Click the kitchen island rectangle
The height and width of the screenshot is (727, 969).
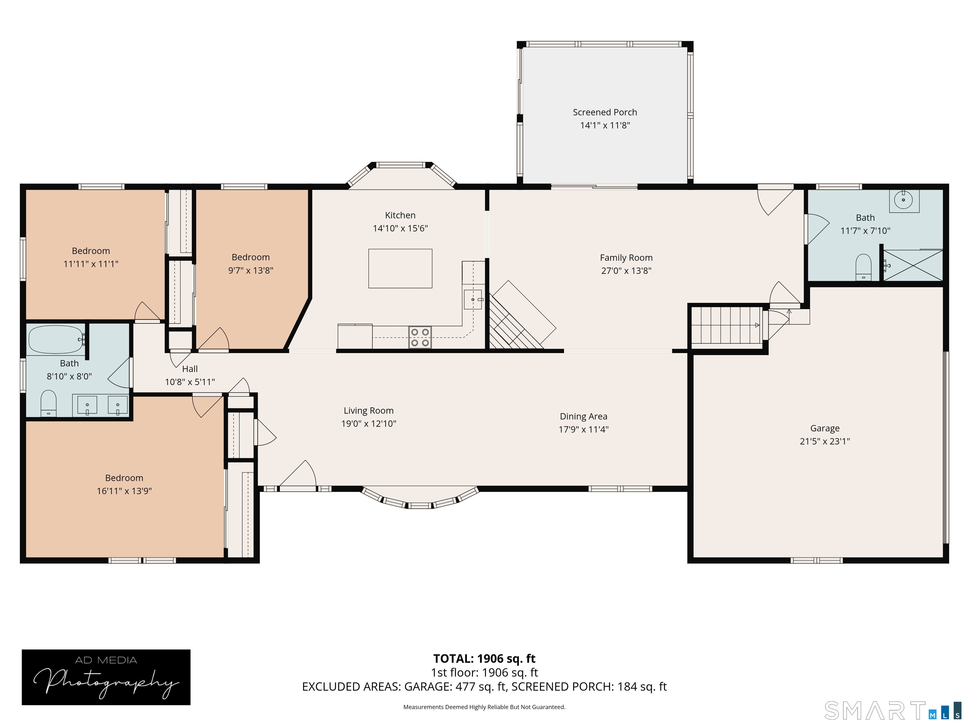click(400, 268)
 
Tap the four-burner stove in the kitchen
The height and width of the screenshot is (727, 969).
click(420, 337)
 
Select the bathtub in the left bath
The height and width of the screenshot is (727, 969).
click(56, 339)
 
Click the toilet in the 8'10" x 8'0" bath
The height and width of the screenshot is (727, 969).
click(49, 403)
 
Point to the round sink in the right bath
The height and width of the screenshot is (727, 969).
click(903, 200)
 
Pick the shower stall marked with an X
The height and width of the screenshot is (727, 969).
click(912, 266)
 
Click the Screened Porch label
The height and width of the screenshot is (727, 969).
click(605, 112)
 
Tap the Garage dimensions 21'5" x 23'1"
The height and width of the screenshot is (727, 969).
click(825, 441)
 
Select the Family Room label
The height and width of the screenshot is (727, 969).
click(626, 258)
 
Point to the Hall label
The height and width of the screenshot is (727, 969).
click(190, 369)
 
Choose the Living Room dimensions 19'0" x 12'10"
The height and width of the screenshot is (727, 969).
click(368, 424)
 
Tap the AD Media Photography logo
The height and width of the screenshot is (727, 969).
click(106, 677)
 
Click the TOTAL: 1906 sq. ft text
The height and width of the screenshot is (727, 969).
click(484, 659)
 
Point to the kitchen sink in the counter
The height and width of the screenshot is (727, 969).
click(473, 299)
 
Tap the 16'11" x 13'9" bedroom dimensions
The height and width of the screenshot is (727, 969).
click(124, 491)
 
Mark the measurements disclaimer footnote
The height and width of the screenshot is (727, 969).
click(484, 707)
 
